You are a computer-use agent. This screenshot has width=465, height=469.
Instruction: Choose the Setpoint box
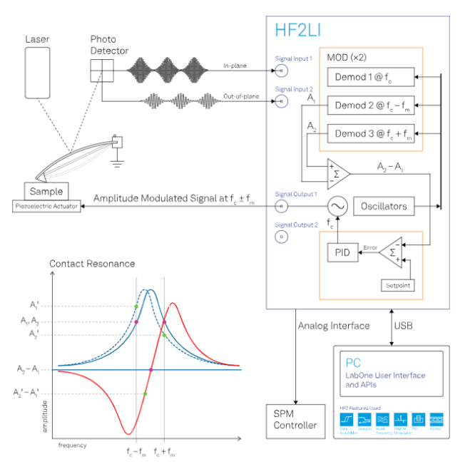coord(399,286)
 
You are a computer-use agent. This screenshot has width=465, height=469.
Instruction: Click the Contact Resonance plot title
coord(92,264)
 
